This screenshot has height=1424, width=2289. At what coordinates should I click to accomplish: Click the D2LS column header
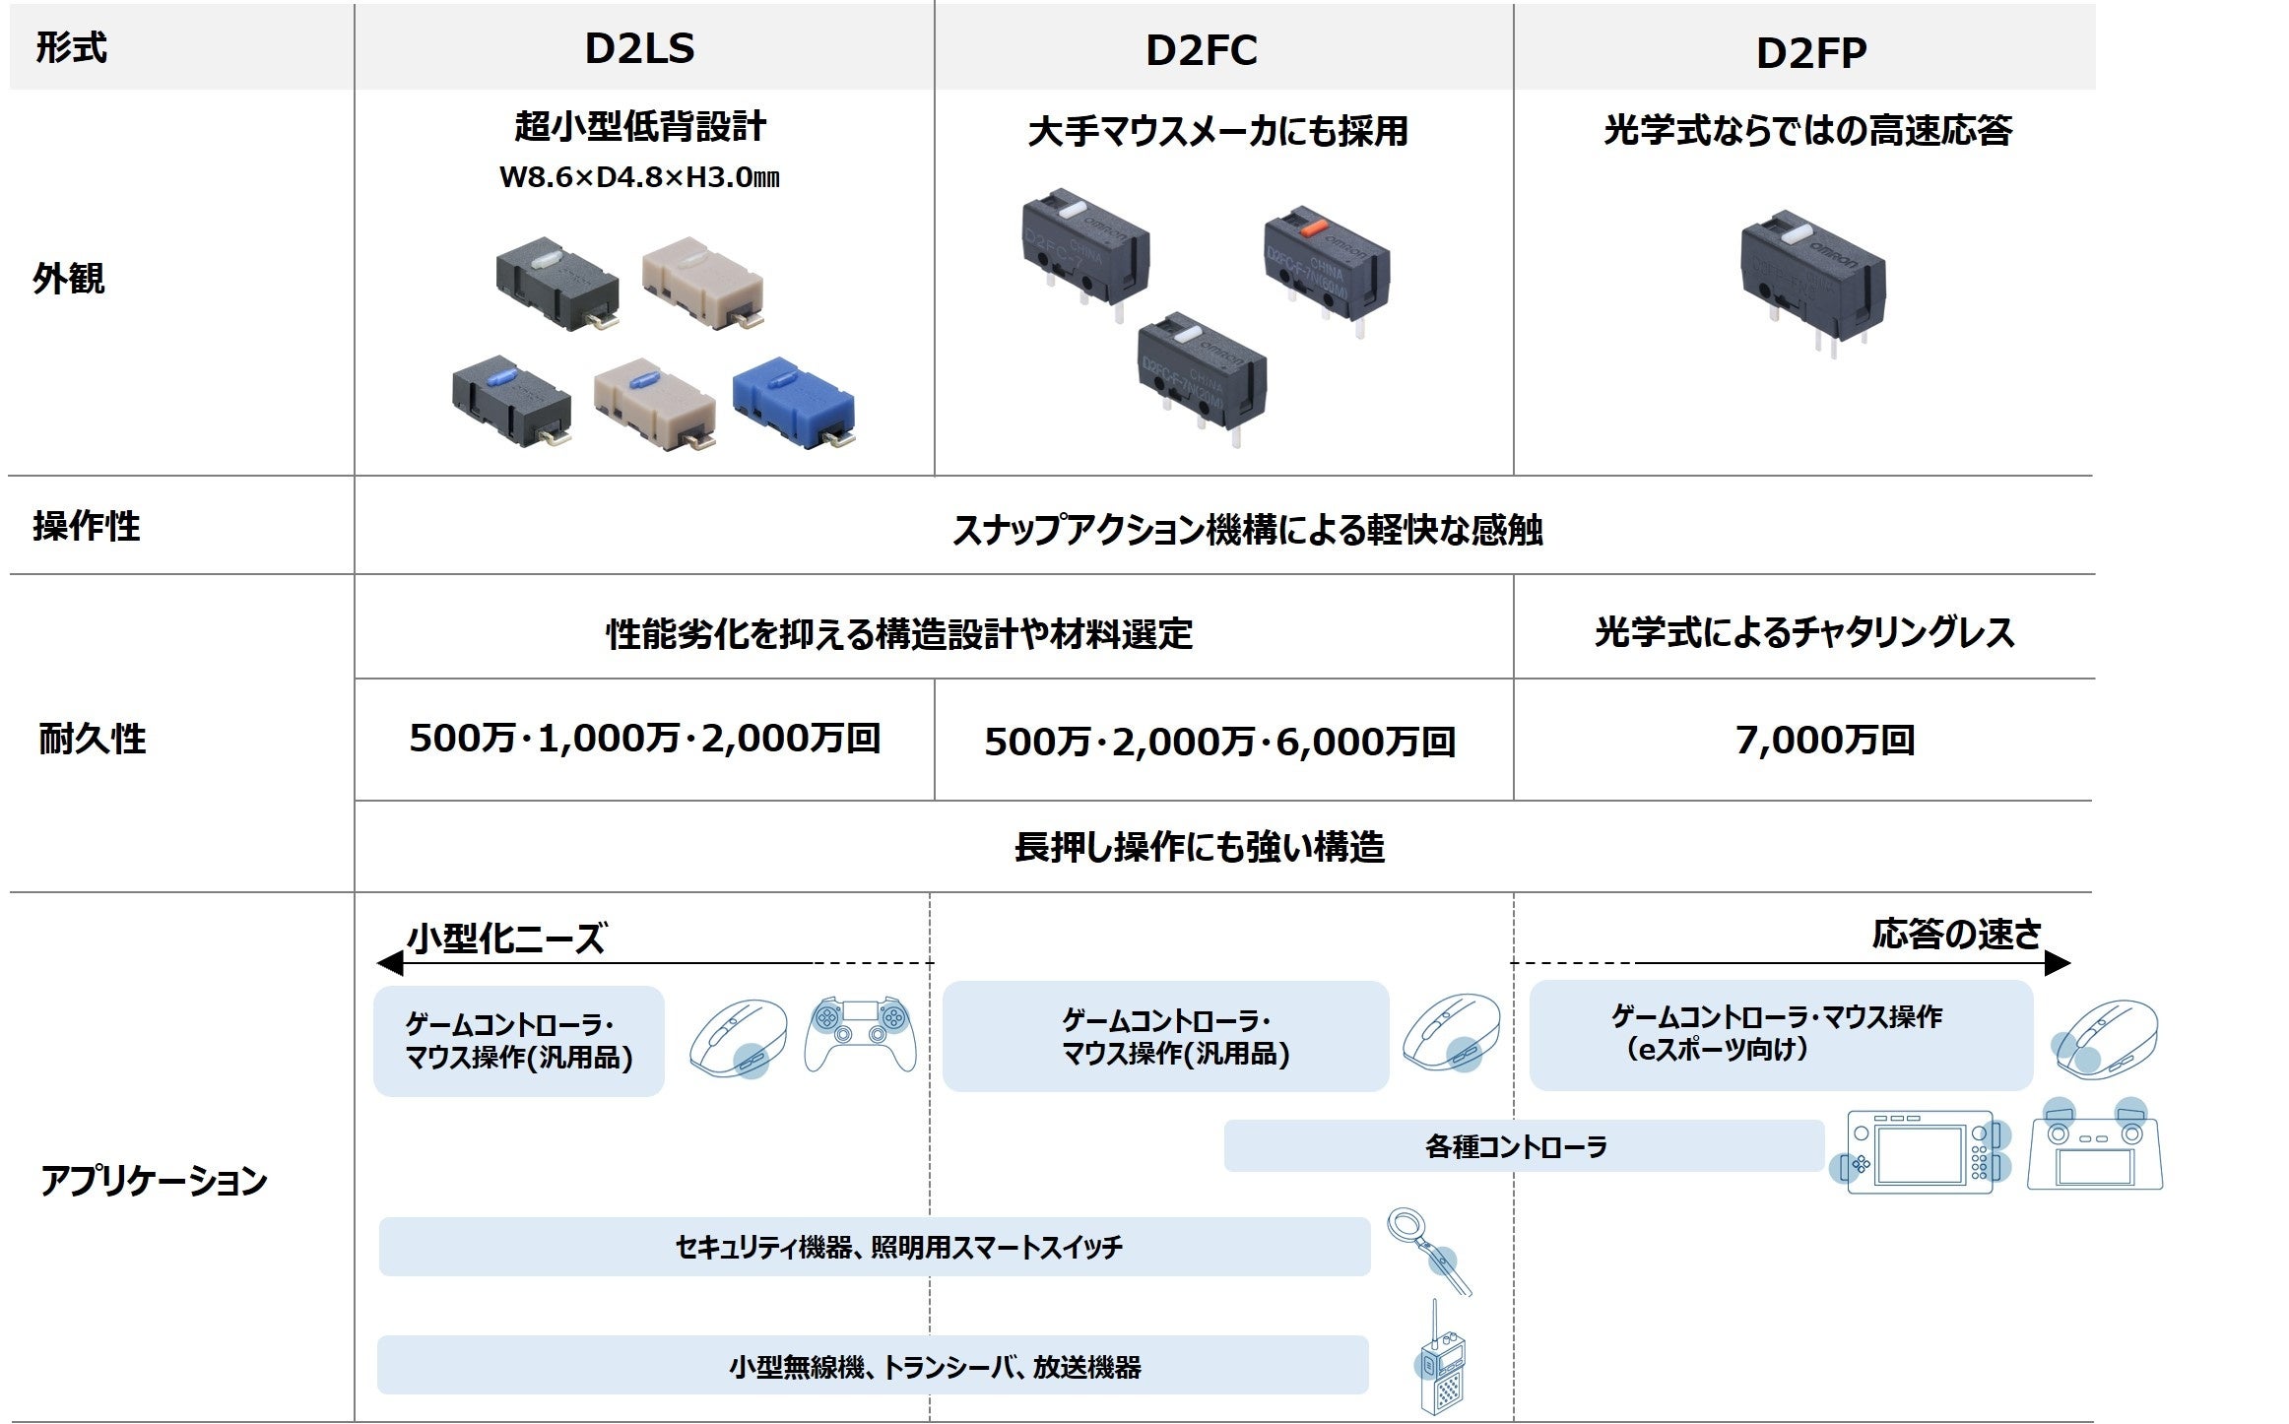[640, 49]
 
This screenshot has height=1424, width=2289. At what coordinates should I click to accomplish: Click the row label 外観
[68, 279]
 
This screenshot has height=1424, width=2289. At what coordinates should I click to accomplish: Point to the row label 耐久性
[92, 739]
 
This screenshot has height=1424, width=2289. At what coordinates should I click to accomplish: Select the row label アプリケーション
[154, 1180]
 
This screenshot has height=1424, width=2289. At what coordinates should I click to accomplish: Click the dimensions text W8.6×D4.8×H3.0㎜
[640, 178]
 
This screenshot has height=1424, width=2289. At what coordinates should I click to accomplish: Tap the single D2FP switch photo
[1812, 281]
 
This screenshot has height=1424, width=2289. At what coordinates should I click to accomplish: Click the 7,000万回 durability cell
[1824, 741]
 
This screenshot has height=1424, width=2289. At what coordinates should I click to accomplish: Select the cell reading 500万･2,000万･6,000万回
[1220, 743]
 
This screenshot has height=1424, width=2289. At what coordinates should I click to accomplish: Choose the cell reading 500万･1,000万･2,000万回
[645, 739]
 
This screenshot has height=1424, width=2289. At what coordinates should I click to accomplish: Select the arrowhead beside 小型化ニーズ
[390, 963]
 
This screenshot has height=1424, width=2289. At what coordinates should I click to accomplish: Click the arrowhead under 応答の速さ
[2057, 963]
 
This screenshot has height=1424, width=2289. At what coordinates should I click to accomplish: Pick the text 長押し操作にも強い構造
[1200, 847]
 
